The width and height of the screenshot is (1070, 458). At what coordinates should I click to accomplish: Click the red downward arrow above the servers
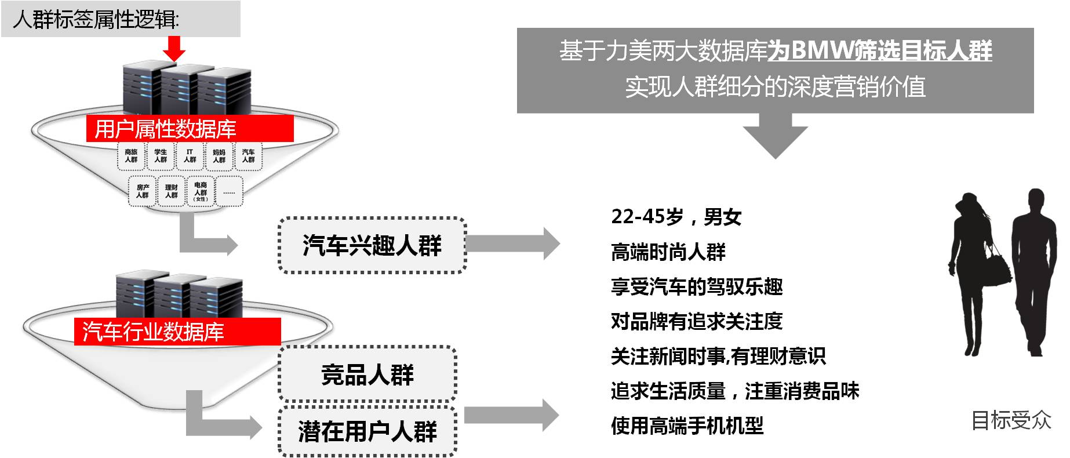click(173, 48)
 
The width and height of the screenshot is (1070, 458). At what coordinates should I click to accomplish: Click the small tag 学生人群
click(161, 156)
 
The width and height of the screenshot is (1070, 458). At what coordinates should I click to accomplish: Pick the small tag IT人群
click(190, 156)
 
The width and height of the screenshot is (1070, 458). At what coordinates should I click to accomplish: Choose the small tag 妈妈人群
click(219, 156)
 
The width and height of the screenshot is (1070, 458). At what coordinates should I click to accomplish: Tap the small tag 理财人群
click(172, 191)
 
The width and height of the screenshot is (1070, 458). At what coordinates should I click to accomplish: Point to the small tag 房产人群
click(143, 191)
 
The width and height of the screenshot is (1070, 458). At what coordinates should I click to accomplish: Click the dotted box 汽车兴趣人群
click(372, 245)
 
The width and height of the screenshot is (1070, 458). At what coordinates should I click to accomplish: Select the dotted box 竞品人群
click(367, 375)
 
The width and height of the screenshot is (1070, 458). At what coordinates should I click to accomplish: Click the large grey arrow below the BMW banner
click(775, 136)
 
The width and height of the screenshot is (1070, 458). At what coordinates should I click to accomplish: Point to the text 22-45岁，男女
click(676, 217)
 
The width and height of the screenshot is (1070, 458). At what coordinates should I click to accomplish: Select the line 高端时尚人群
click(668, 252)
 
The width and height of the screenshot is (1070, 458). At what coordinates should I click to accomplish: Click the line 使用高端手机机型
click(687, 426)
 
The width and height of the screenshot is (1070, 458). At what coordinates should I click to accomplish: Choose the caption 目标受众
click(1011, 420)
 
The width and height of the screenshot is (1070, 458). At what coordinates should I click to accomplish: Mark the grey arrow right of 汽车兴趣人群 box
click(513, 243)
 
